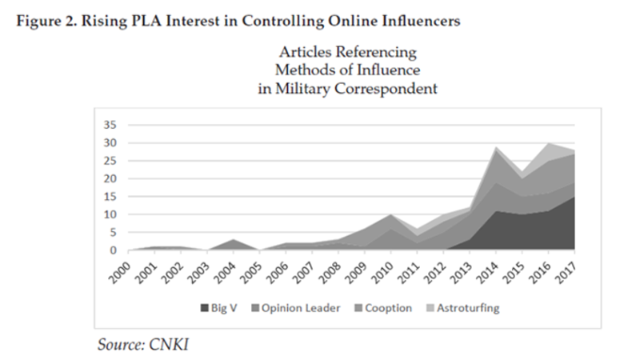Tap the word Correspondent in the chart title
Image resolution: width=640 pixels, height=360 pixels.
[392, 89]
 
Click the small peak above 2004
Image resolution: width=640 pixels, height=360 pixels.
[232, 240]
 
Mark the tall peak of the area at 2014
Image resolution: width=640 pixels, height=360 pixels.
[497, 148]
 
